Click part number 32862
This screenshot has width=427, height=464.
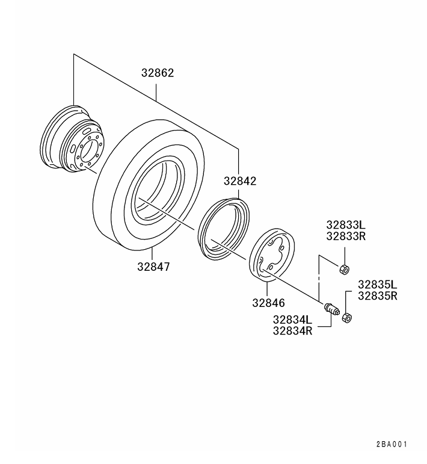pyautogui.click(x=158, y=73)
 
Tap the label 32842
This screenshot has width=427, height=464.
pyautogui.click(x=240, y=181)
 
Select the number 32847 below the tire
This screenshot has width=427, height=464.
pyautogui.click(x=153, y=265)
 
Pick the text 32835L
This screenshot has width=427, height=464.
pyautogui.click(x=378, y=284)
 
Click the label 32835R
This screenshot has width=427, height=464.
pyautogui.click(x=378, y=295)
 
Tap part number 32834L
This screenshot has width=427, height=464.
pyautogui.click(x=293, y=320)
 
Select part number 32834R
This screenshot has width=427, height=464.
pyautogui.click(x=293, y=330)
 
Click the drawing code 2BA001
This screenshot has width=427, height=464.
pyautogui.click(x=392, y=444)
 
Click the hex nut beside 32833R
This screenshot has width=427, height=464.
pyautogui.click(x=345, y=268)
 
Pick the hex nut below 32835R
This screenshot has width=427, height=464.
pyautogui.click(x=346, y=317)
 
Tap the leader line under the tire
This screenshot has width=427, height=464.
pyautogui.click(x=153, y=253)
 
